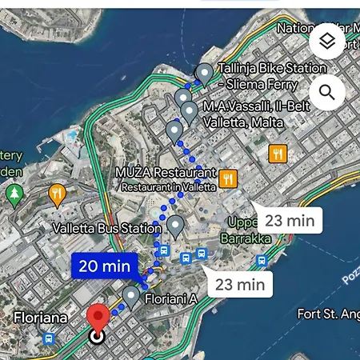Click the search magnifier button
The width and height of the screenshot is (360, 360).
click(326, 93)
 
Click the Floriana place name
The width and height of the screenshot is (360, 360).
click(40, 318)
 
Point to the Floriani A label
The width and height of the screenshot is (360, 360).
click(170, 299)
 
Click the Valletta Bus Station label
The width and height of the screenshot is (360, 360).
click(106, 229)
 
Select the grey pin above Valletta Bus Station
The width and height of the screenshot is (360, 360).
click(174, 225)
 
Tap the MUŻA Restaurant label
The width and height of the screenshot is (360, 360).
click(166, 173)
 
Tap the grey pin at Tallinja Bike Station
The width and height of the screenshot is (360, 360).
click(204, 73)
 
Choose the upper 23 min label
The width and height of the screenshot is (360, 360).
click(290, 220)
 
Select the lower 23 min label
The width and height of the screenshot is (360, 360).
click(240, 283)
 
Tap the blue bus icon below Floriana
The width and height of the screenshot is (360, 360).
click(49, 339)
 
